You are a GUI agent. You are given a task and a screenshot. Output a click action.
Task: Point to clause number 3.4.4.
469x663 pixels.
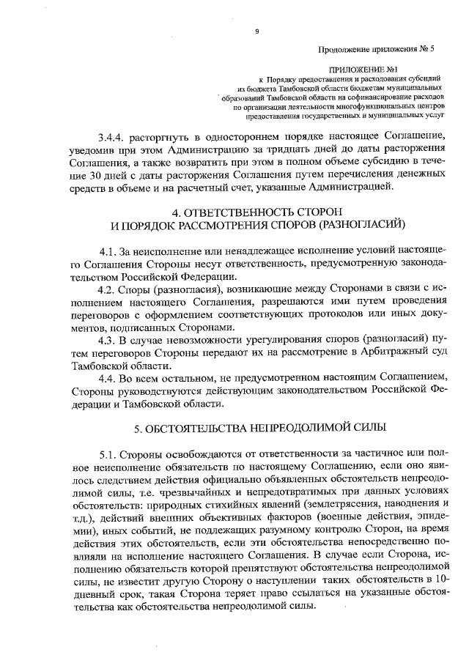114,137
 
